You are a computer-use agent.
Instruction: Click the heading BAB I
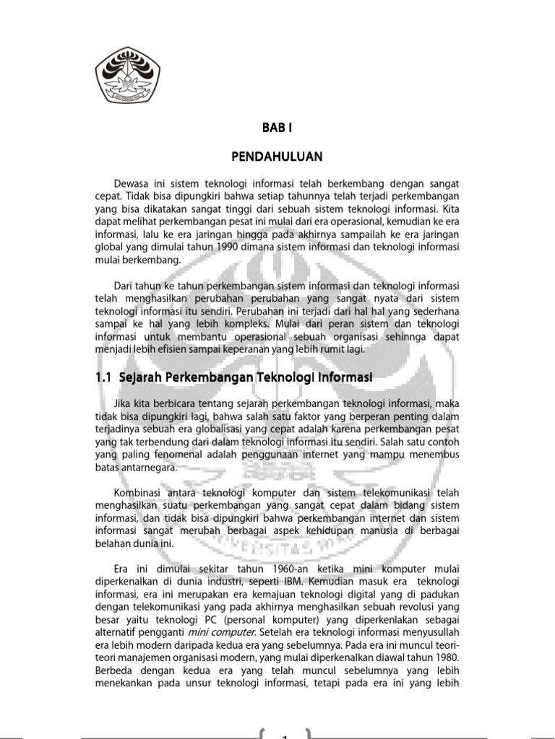(277, 129)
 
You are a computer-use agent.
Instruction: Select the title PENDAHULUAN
(277, 156)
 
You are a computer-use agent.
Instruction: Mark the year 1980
(446, 659)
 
